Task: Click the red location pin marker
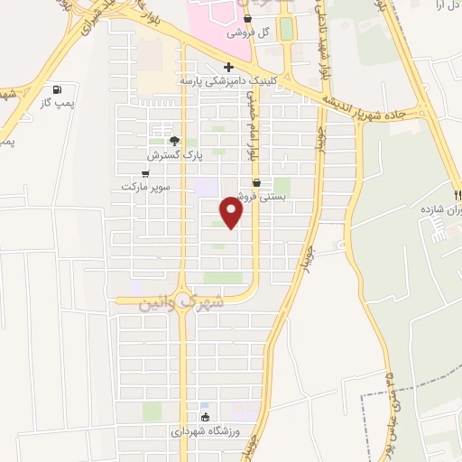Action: click(233, 213)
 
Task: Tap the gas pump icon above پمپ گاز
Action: click(58, 89)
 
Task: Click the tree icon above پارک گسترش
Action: click(174, 141)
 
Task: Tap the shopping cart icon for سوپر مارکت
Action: click(145, 172)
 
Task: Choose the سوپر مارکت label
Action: click(145, 187)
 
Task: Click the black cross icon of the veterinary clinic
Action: click(229, 67)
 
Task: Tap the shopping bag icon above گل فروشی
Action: click(247, 18)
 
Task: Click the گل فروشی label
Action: click(252, 32)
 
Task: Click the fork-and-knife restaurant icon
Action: click(457, 194)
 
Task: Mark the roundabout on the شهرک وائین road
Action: click(182, 298)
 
